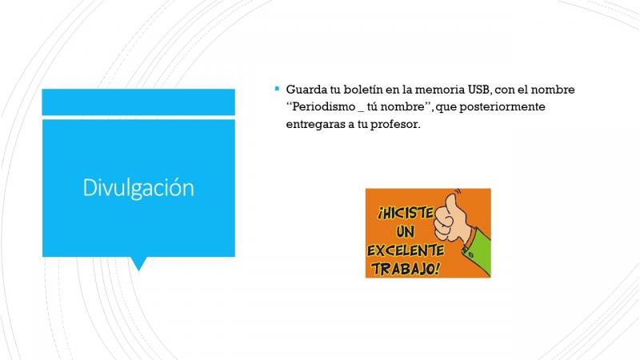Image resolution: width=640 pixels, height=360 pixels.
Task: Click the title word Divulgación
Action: pyautogui.click(x=138, y=188)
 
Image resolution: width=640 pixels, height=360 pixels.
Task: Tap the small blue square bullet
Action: pyautogui.click(x=277, y=89)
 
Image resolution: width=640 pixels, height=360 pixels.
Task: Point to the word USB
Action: pyautogui.click(x=478, y=90)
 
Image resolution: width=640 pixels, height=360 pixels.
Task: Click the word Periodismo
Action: pyautogui.click(x=324, y=106)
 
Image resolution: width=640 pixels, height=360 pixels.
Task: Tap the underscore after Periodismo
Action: pyautogui.click(x=361, y=111)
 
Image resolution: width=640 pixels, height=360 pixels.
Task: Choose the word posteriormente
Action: pyautogui.click(x=502, y=107)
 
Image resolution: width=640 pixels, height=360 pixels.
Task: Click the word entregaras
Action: pyautogui.click(x=314, y=125)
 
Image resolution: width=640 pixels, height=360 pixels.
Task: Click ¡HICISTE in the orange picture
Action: pyautogui.click(x=406, y=213)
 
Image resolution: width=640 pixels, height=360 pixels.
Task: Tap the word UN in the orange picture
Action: pyautogui.click(x=405, y=232)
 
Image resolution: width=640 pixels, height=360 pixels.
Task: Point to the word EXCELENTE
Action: pyautogui.click(x=406, y=250)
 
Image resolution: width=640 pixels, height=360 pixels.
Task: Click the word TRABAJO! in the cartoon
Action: pyautogui.click(x=406, y=269)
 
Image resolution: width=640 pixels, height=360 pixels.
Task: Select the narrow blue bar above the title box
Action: pyautogui.click(x=138, y=102)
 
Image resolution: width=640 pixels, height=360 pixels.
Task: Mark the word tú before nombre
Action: pyautogui.click(x=373, y=106)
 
